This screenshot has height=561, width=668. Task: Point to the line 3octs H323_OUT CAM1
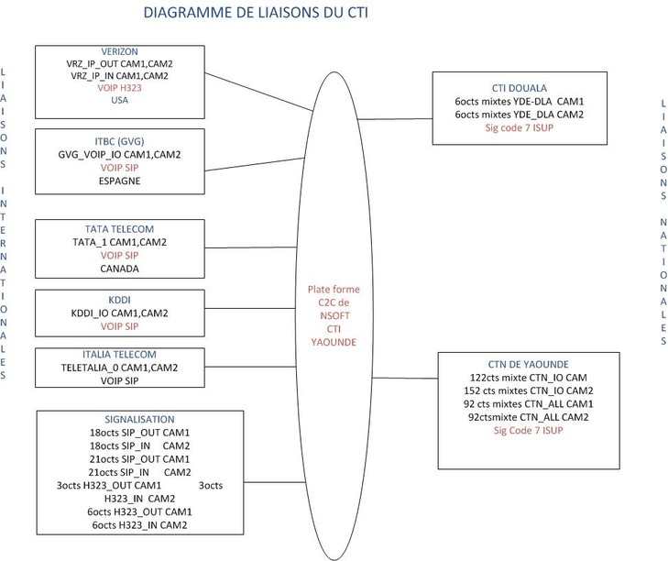click(x=114, y=485)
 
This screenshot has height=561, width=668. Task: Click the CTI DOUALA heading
click(x=520, y=86)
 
